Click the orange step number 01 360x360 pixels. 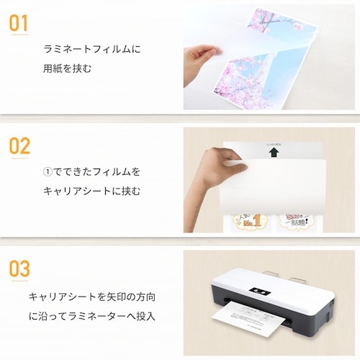pyautogui.click(x=20, y=22)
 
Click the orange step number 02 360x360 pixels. pyautogui.click(x=20, y=146)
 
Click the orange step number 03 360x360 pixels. pyautogui.click(x=20, y=269)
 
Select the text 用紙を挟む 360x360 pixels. pyautogui.click(x=68, y=70)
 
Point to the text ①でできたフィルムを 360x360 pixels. pyautogui.click(x=91, y=172)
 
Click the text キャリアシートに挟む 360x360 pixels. pyautogui.click(x=91, y=191)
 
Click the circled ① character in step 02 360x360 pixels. pyautogui.click(x=48, y=172)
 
